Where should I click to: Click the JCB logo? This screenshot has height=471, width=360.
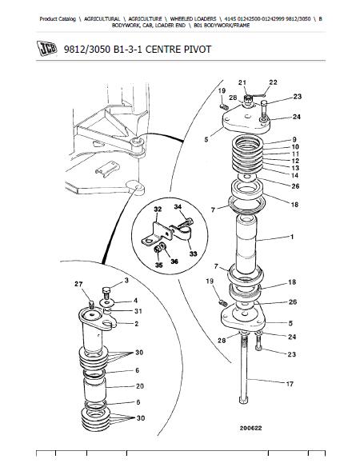coord(46,48)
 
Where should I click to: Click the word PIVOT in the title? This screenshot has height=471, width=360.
coord(196,49)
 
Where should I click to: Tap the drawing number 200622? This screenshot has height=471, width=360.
coord(250,428)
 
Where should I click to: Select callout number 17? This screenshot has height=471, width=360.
coord(290,384)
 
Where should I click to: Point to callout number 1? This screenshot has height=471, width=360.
coord(292,237)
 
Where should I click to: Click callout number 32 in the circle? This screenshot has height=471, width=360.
coord(158,209)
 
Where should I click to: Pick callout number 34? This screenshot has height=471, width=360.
coord(178,206)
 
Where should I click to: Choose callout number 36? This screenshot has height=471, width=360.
coord(174,261)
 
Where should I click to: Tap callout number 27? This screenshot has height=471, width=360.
coord(78,284)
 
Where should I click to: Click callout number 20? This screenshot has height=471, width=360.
coord(140,385)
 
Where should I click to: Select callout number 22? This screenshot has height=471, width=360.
coord(273,82)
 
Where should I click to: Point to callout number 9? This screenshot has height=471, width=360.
coord(294,139)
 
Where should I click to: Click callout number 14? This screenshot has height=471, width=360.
coord(294,175)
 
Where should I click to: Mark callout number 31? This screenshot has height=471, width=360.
coord(138,311)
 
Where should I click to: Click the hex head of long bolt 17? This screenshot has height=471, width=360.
coord(244,400)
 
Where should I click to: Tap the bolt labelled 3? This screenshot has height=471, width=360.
coord(106,292)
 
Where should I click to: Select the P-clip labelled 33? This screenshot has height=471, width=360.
coord(182,232)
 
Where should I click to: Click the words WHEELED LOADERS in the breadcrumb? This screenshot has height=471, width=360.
coord(193,19)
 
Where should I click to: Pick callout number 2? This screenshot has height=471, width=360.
coord(137,324)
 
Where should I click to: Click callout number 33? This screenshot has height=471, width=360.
coord(194,253)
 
